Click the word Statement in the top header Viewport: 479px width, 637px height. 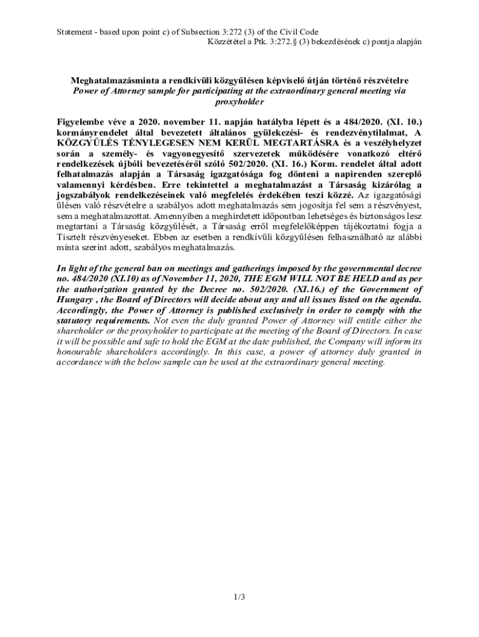(x=73, y=32)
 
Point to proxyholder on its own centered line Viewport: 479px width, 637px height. (x=240, y=101)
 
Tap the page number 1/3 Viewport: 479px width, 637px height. (x=240, y=598)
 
